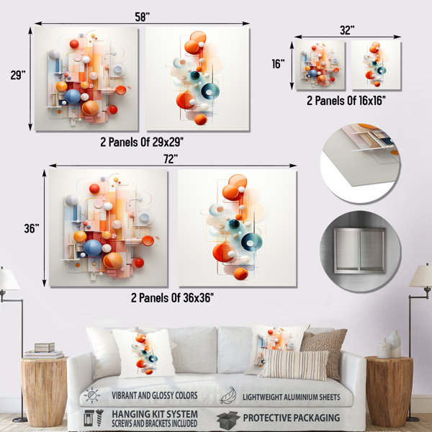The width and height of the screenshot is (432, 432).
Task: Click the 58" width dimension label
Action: click(x=142, y=17)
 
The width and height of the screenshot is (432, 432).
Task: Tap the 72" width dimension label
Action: click(x=171, y=159)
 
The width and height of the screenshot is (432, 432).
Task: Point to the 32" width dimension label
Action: click(x=347, y=30)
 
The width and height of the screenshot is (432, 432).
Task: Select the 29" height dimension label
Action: click(x=18, y=75)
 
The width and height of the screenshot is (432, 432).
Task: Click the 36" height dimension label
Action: click(x=32, y=228)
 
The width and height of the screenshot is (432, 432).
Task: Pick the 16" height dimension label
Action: click(x=278, y=64)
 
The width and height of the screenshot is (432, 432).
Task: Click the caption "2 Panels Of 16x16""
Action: click(x=346, y=101)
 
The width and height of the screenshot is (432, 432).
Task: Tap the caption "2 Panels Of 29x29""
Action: click(x=142, y=142)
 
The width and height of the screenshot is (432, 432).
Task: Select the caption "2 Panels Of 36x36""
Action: click(x=172, y=298)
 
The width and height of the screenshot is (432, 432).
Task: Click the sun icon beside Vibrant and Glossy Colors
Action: click(x=92, y=395)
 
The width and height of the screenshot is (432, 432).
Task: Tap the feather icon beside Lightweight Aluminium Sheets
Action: click(x=228, y=395)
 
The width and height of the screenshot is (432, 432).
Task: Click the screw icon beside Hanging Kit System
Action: click(x=99, y=418)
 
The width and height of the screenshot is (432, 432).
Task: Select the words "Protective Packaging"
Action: click(x=291, y=418)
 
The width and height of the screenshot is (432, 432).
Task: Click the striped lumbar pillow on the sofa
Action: click(x=294, y=364)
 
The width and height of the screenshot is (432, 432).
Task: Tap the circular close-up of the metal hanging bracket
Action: click(x=361, y=251)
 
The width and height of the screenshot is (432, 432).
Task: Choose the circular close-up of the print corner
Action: click(x=361, y=163)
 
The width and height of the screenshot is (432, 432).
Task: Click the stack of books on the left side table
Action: click(x=44, y=351)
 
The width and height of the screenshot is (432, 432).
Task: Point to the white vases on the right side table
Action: click(x=389, y=344)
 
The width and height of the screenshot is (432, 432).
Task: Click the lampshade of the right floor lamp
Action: click(x=420, y=276)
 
